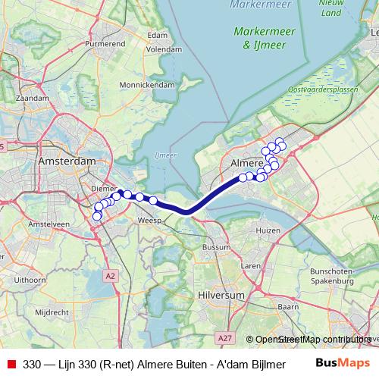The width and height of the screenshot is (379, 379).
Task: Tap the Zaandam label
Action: (33, 99)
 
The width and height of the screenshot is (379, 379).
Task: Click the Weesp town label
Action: (148, 221)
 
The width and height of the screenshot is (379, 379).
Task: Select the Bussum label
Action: (216, 247)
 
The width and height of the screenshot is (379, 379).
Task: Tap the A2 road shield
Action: (112, 274)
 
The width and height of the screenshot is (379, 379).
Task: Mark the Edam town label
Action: (157, 35)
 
